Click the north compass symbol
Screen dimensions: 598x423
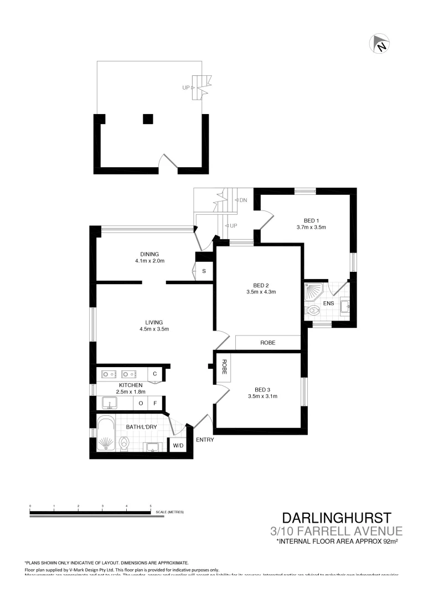380,44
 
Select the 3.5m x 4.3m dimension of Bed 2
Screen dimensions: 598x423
261,292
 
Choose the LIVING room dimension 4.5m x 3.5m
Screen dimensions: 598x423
154,329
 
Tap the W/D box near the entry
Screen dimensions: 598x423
178,445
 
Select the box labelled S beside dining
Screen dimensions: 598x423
204,271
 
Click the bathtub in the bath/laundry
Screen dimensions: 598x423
105,435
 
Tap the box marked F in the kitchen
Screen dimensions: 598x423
155,403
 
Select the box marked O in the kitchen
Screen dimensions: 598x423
141,403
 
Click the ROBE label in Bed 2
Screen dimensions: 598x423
268,343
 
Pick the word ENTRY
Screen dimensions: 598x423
204,440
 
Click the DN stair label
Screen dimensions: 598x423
243,200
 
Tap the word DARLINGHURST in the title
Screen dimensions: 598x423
337,518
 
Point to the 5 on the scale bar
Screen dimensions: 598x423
151,506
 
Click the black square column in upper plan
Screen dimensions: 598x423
148,118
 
